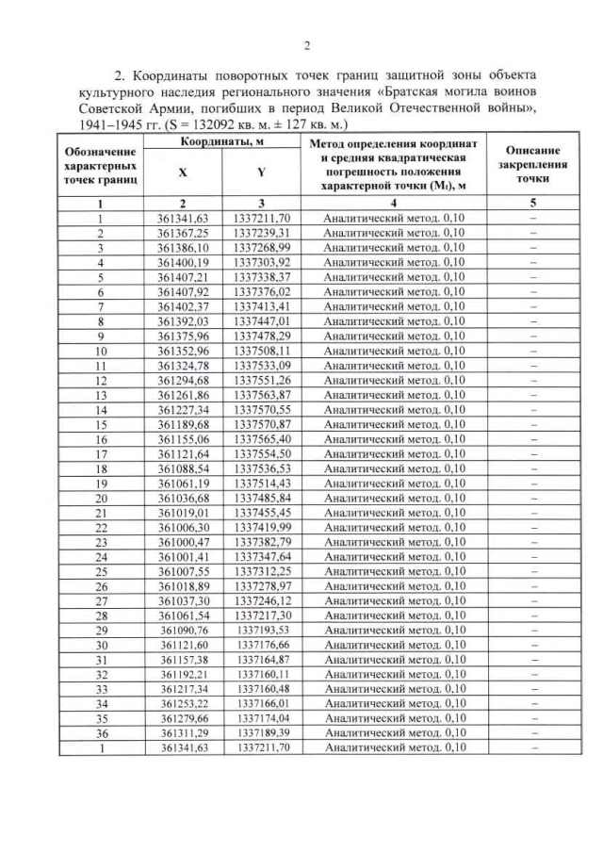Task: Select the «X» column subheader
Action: pyautogui.click(x=182, y=172)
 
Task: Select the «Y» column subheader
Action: pyautogui.click(x=260, y=172)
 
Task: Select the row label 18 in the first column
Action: pyautogui.click(x=100, y=468)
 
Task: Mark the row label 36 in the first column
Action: pyautogui.click(x=100, y=732)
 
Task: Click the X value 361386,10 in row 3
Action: pyautogui.click(x=183, y=248)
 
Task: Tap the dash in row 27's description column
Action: pyautogui.click(x=532, y=600)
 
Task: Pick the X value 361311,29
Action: pyautogui.click(x=183, y=732)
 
